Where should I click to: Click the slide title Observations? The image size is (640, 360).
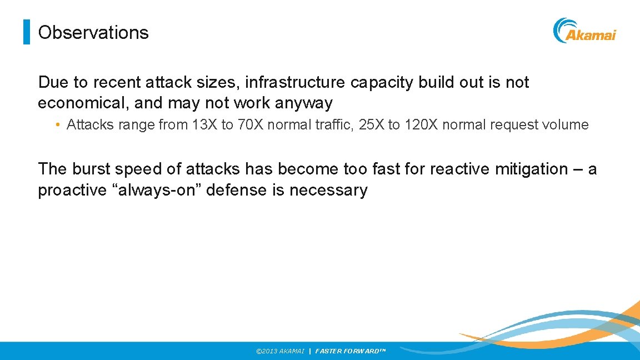tap(93, 32)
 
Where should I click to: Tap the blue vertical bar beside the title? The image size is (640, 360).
tap(26, 32)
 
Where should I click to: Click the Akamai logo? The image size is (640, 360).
tap(584, 31)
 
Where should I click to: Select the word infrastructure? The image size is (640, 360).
tap(297, 82)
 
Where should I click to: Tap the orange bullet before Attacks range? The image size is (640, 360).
tap(58, 124)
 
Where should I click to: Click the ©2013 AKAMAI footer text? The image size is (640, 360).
tap(280, 351)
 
